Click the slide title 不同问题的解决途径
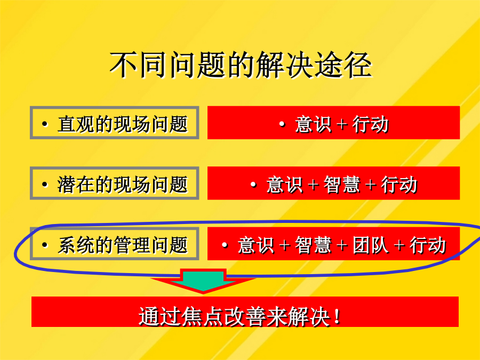pos(241,65)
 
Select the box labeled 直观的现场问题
pos(115,123)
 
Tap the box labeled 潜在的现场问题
pos(115,183)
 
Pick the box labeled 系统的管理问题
pos(115,244)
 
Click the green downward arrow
pos(203,281)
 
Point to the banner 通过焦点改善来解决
pos(245,311)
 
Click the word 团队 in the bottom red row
pos(371,245)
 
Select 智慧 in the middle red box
pos(342,185)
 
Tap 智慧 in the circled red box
pos(313,245)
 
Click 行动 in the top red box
pos(371,124)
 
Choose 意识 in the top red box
pos(313,124)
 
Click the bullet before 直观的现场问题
pos(45,124)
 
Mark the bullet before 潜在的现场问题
pos(45,185)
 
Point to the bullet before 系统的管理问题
pos(45,245)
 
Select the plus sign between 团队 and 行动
pos(399,246)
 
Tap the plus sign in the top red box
pos(342,125)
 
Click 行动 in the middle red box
pos(399,185)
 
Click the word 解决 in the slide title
pos(285,65)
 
